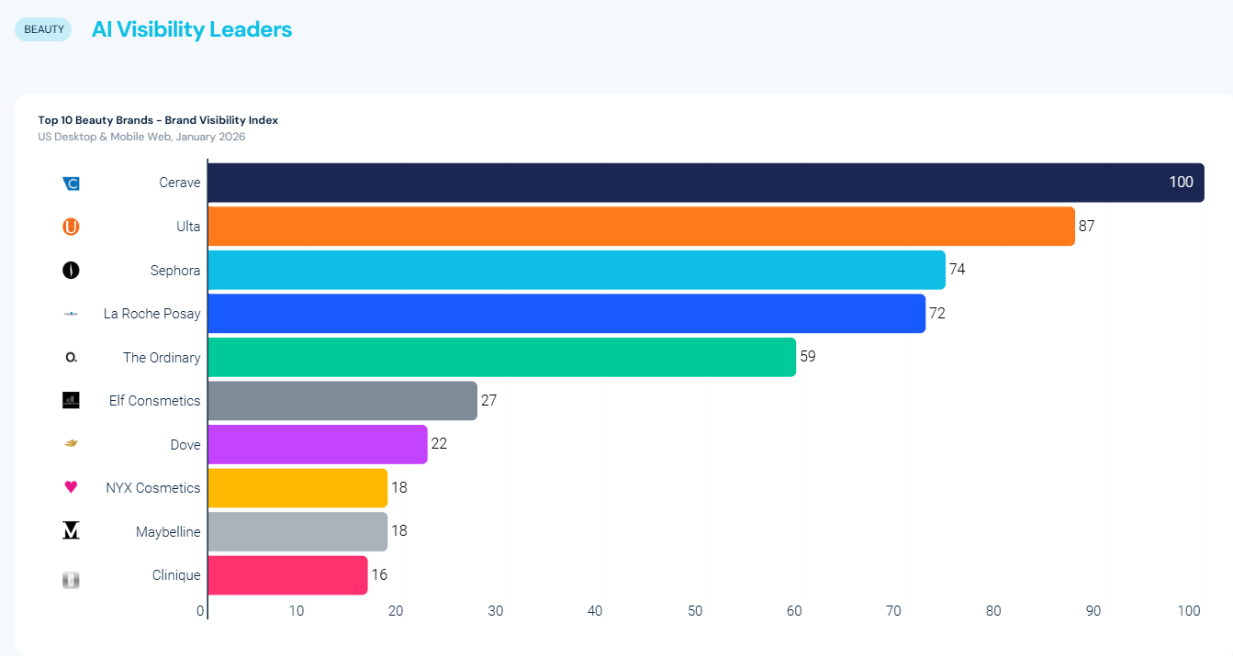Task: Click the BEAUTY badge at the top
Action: [43, 29]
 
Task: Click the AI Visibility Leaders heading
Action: [192, 29]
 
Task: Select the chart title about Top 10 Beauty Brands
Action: [158, 120]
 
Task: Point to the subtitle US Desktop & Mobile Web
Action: [141, 137]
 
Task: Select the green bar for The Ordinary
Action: [501, 357]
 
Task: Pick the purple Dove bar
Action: [318, 444]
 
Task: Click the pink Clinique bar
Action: [287, 575]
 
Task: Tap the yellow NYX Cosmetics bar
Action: [297, 488]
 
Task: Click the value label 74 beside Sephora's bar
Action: [958, 270]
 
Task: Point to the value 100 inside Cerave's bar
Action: [1181, 183]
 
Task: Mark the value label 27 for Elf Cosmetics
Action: [488, 401]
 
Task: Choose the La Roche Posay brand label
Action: [151, 314]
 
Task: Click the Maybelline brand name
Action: [168, 532]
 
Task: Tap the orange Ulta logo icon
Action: [71, 227]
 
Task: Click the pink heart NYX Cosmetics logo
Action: [71, 487]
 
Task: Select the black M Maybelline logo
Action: [71, 531]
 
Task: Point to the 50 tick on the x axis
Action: [695, 611]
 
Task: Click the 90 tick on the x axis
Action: [1093, 611]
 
